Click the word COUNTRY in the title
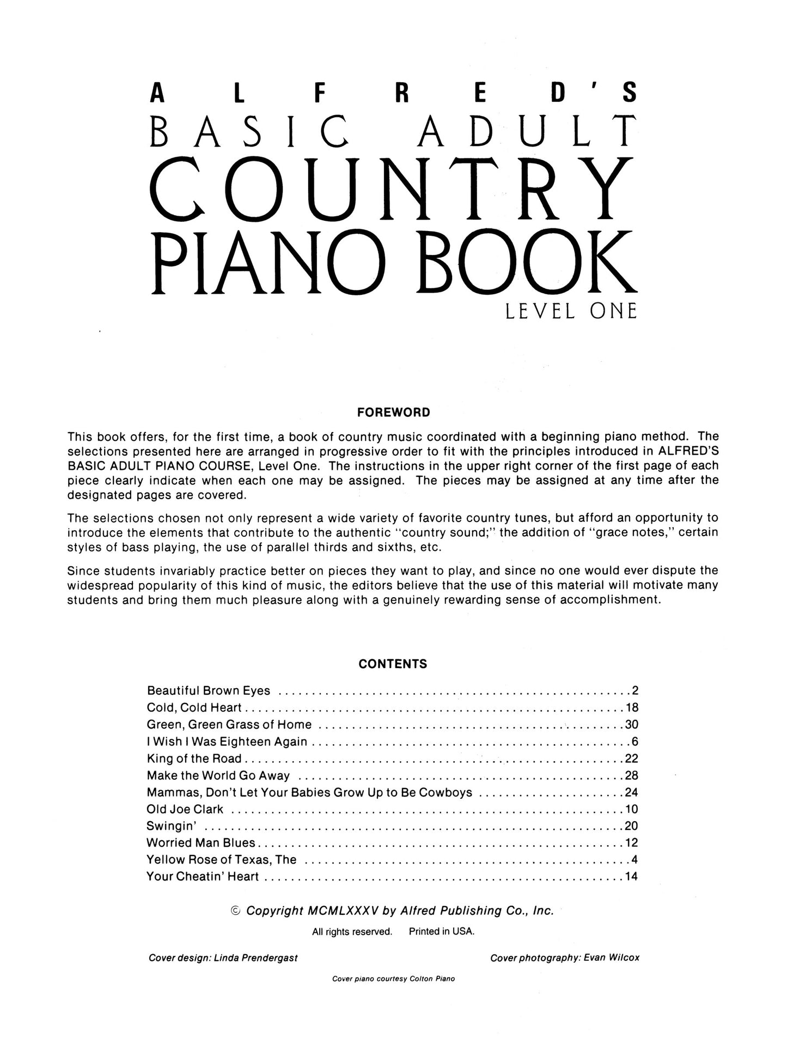392,188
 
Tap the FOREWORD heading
393,412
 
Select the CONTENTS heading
393,664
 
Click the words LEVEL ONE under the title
571,312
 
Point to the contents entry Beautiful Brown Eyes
209,691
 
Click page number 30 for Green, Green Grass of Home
631,725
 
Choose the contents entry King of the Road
194,758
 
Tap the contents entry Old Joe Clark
185,809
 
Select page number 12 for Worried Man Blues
631,843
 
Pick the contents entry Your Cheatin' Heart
203,877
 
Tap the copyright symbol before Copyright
236,911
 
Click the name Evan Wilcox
611,958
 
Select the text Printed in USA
442,932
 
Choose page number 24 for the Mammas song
631,792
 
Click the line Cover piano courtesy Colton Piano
393,979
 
